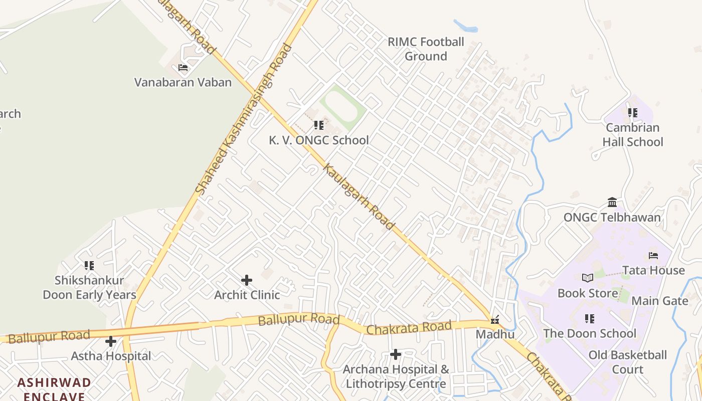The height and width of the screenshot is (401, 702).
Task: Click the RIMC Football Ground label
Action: click(426, 49)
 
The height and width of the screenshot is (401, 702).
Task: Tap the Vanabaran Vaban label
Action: click(183, 82)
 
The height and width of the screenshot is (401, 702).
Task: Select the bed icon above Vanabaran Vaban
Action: click(183, 67)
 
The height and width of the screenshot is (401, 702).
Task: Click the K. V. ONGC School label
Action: click(319, 140)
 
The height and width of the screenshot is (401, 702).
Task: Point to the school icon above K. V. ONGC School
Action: click(319, 125)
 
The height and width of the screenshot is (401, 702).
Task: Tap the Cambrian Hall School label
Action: click(633, 135)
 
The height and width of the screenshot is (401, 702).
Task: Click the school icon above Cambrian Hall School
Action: click(633, 113)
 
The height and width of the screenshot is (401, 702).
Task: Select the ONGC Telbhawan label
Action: click(612, 218)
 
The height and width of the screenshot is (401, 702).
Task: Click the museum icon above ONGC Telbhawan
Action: click(612, 203)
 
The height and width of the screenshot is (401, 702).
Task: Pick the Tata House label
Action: click(653, 271)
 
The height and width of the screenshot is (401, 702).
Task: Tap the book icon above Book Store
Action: click(588, 278)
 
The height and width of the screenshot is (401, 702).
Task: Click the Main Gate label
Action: click(660, 301)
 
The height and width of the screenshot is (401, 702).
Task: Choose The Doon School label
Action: click(590, 333)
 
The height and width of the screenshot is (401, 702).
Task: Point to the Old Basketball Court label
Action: click(628, 362)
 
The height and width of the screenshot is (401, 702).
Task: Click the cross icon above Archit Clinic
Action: click(247, 280)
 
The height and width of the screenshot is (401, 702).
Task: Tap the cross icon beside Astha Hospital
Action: click(111, 342)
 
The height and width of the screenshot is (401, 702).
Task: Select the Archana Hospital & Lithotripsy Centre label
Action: click(396, 377)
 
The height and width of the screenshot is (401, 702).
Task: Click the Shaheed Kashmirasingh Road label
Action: click(243, 120)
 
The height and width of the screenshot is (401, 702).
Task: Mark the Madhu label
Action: click(495, 334)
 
